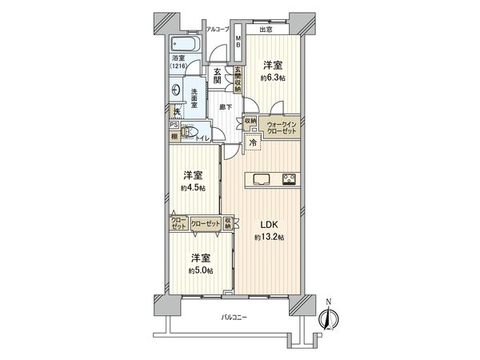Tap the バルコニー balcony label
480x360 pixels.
point(233,318)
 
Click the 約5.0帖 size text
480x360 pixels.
point(200,271)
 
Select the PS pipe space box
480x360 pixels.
point(173,125)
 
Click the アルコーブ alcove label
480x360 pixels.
point(218,30)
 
